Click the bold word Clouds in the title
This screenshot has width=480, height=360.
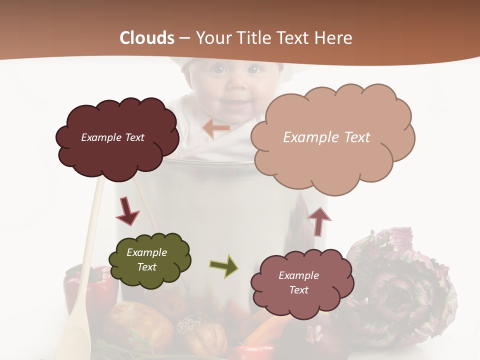[147, 38]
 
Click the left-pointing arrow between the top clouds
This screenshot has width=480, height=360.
[216, 128]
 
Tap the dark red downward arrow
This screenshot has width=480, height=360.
[127, 211]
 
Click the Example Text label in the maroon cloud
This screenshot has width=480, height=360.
[112, 137]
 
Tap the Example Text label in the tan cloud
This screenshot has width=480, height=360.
[326, 137]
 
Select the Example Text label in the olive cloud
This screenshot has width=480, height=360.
[146, 260]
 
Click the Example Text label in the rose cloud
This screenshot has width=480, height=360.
[298, 282]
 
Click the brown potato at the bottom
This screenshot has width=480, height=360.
[137, 322]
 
